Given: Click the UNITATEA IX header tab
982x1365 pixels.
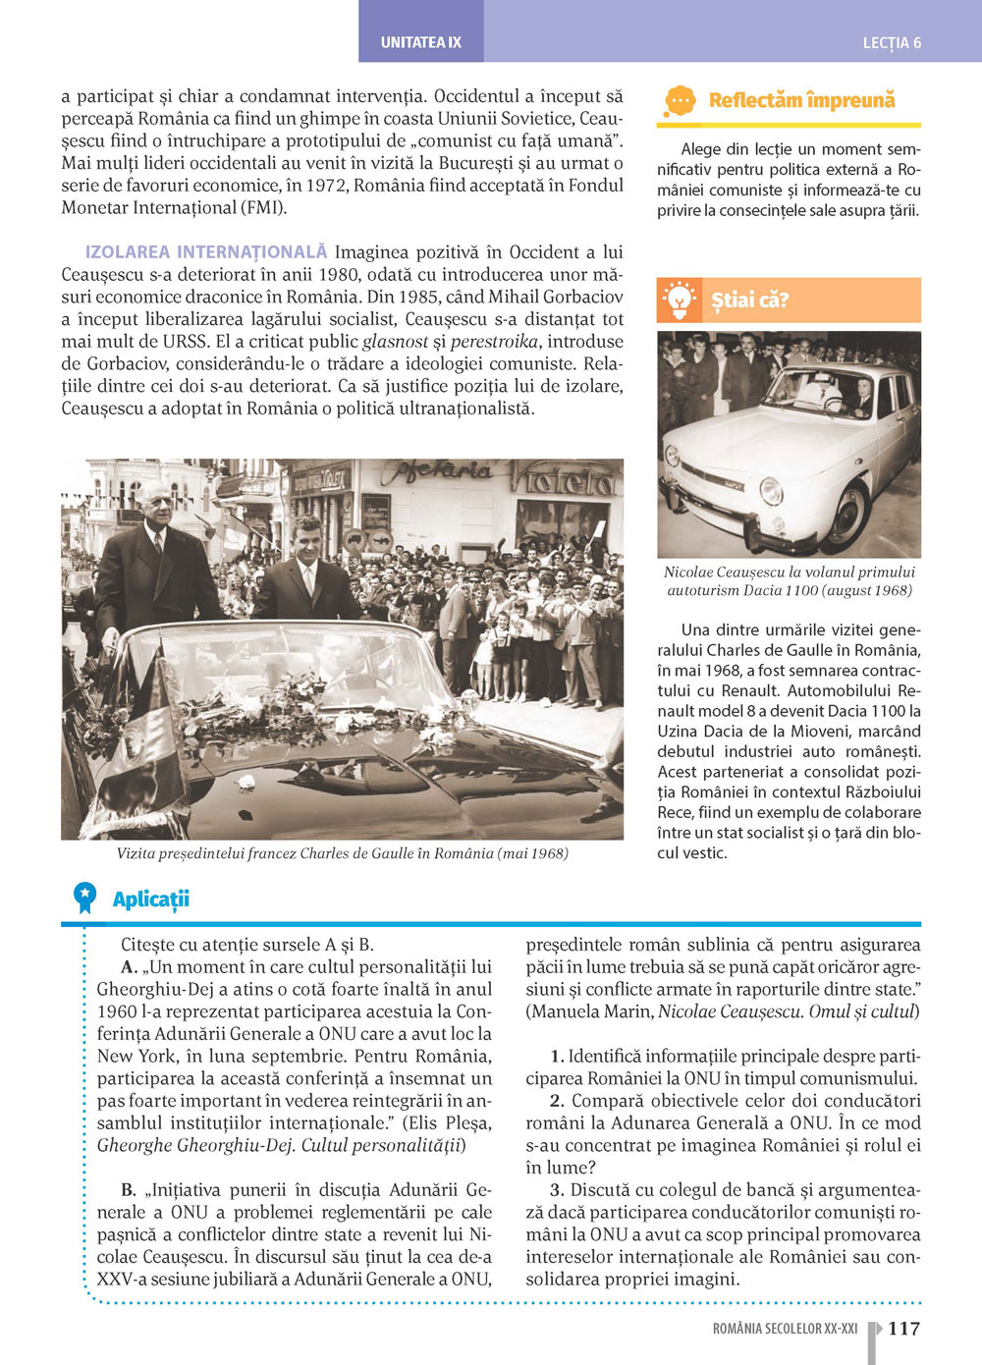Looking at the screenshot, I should (420, 42).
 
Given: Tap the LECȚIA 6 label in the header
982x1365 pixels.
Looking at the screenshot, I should (892, 43).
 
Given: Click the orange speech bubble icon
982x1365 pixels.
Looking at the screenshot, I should (680, 100).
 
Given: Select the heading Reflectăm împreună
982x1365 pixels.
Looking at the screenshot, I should (801, 100).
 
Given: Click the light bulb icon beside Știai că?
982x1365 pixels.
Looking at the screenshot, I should (679, 300).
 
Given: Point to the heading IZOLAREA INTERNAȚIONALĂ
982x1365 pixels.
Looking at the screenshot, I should (206, 252).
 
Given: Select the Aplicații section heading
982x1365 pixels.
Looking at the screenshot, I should (150, 900).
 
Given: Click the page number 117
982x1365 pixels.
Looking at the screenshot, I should (903, 1329).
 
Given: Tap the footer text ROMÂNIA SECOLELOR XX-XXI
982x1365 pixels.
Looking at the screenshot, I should (785, 1329).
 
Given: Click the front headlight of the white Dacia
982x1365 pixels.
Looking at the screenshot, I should (771, 488).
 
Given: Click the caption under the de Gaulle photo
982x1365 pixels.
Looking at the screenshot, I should (342, 853).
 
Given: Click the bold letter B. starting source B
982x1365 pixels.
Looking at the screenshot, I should (129, 1189).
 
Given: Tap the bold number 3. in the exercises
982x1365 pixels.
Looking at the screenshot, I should (557, 1189).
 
